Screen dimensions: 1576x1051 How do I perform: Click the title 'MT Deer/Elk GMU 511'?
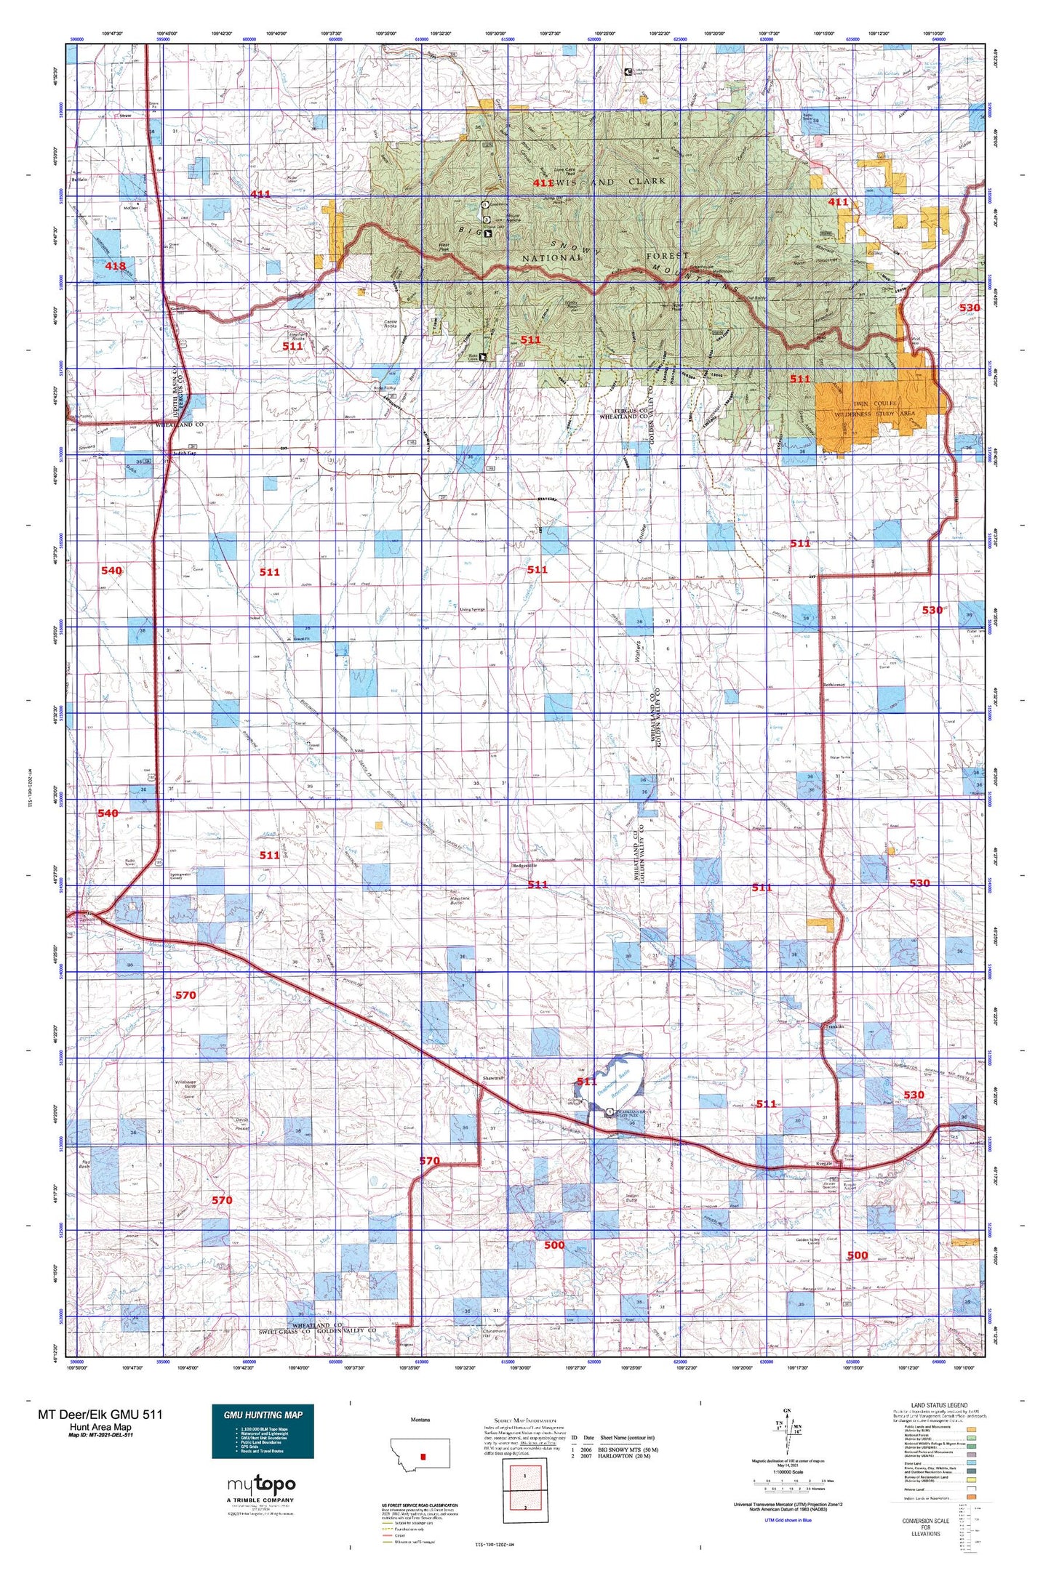point(100,1414)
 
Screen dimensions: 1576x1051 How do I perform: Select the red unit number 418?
point(115,266)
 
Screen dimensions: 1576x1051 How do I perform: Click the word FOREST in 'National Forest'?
point(667,256)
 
